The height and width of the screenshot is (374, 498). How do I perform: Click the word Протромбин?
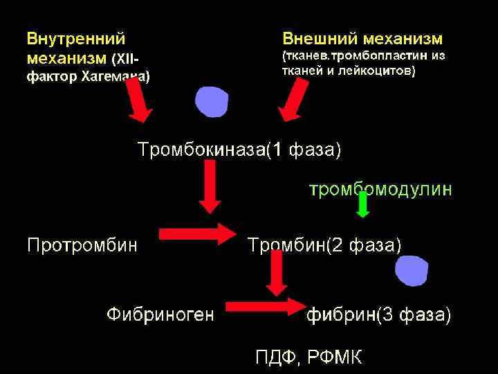pos(82,244)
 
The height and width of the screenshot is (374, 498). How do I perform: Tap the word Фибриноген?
pos(160,316)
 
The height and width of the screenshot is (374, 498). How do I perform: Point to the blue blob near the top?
pos(212,103)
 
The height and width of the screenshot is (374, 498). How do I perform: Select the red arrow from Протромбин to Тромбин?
pos(198,234)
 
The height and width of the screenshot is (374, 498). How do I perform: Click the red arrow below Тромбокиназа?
pos(210,188)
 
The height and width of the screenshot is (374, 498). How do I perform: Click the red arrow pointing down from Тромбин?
pos(277,273)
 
